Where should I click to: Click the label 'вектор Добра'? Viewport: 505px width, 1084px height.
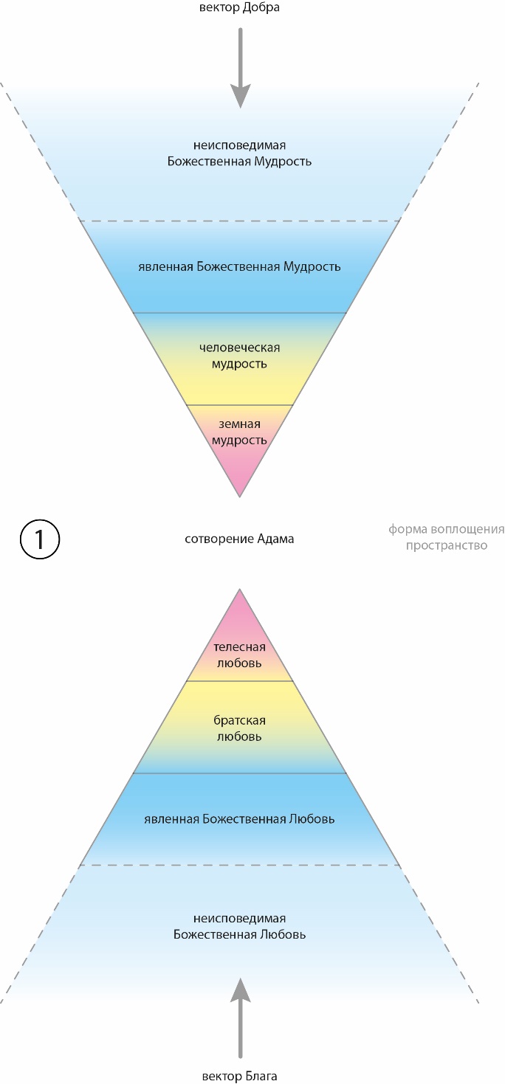pyautogui.click(x=239, y=8)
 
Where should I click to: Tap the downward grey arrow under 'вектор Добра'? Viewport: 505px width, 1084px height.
pyautogui.click(x=239, y=70)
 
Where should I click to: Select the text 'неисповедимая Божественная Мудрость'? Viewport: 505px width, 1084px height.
pyautogui.click(x=239, y=153)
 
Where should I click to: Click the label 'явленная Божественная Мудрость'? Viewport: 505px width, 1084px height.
pyautogui.click(x=239, y=266)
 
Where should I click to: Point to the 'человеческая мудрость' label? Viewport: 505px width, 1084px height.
pyautogui.click(x=239, y=355)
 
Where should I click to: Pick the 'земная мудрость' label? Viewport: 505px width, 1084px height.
pyautogui.click(x=239, y=432)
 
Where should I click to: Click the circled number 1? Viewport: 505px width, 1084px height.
pyautogui.click(x=38, y=539)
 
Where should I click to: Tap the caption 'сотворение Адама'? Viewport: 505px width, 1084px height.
pyautogui.click(x=239, y=539)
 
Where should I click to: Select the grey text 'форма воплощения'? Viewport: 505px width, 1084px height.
pyautogui.click(x=447, y=529)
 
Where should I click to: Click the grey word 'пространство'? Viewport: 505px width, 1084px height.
pyautogui.click(x=447, y=546)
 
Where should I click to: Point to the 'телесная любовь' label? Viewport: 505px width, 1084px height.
pyautogui.click(x=239, y=654)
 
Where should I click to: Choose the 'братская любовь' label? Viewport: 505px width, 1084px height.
pyautogui.click(x=239, y=728)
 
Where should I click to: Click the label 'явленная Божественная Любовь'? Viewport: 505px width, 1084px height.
pyautogui.click(x=239, y=819)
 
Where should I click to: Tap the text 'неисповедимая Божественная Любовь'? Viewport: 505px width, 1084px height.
pyautogui.click(x=239, y=926)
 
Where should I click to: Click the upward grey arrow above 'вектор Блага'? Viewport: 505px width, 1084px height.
pyautogui.click(x=239, y=1015)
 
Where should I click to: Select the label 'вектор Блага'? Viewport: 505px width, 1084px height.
pyautogui.click(x=239, y=1076)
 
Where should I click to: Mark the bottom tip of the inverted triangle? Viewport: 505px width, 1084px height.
pyautogui.click(x=239, y=495)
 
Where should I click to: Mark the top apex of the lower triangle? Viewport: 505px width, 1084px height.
pyautogui.click(x=239, y=590)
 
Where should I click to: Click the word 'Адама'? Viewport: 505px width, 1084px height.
pyautogui.click(x=275, y=539)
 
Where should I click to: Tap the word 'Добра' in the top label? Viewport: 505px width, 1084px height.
pyautogui.click(x=260, y=8)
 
